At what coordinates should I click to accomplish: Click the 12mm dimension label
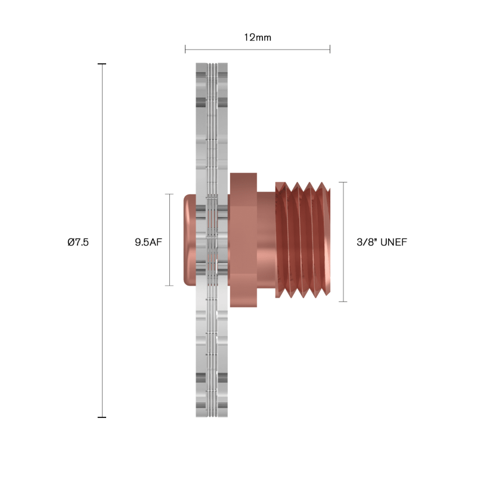(258, 38)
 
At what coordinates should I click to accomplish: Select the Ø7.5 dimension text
(78, 242)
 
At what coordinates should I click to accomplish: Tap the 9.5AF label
(148, 242)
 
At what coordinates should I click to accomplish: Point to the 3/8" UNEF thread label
(382, 242)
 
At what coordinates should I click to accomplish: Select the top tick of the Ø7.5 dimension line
(102, 64)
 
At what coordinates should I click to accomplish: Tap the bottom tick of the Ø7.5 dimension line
(102, 417)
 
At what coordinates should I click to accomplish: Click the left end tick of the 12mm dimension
(185, 49)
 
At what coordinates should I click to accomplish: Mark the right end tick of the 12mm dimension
(330, 49)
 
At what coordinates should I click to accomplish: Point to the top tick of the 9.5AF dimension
(169, 194)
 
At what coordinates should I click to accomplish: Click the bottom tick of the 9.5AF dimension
(169, 286)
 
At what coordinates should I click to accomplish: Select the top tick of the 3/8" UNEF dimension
(343, 182)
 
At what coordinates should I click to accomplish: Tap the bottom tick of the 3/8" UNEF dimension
(343, 302)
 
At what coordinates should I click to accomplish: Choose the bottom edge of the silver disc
(212, 416)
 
